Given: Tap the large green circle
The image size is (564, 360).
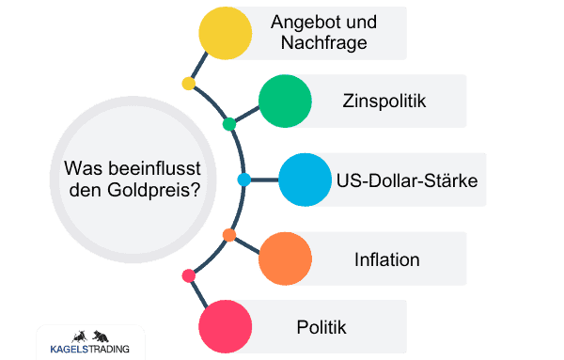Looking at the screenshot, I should [x=285, y=101].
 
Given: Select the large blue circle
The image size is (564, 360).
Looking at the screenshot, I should [x=305, y=180].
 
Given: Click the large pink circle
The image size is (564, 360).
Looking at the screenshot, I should [x=226, y=327].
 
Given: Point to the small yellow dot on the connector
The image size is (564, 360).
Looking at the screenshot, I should [x=188, y=85].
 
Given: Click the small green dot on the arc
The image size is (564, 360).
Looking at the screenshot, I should [x=229, y=124].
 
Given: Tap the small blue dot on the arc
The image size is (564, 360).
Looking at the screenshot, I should [x=243, y=180].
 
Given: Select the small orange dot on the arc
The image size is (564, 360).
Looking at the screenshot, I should [x=228, y=234].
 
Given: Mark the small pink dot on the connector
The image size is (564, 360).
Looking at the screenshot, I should [x=188, y=275].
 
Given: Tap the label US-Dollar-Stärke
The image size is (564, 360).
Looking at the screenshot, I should [x=410, y=180].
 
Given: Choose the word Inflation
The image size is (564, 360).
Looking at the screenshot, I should [x=387, y=258].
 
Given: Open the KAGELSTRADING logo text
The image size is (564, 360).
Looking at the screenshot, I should [x=90, y=350].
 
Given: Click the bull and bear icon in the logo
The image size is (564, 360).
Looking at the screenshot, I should [x=89, y=336].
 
